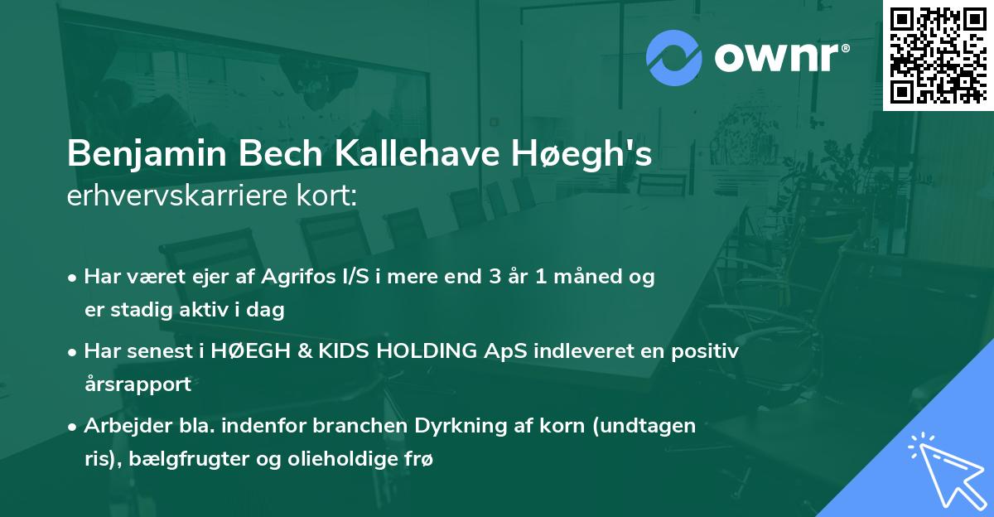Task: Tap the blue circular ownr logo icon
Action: (x=673, y=58)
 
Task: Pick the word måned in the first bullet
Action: (x=590, y=278)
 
